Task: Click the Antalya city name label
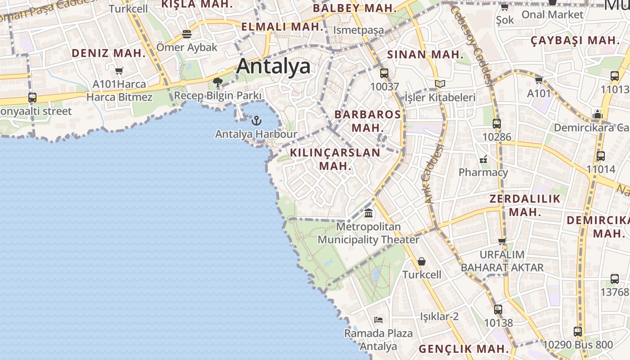click(x=273, y=66)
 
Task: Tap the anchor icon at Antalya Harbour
click(x=256, y=121)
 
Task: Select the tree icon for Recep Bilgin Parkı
click(x=218, y=82)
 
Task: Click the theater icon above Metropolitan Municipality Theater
click(x=369, y=213)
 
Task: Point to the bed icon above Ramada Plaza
click(x=378, y=320)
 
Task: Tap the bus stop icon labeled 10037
click(x=384, y=73)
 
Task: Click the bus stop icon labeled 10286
click(x=497, y=123)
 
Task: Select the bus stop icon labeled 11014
click(x=600, y=156)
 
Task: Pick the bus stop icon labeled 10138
click(x=498, y=310)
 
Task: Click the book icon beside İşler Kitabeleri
click(x=440, y=84)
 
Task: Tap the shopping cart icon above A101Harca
click(x=119, y=71)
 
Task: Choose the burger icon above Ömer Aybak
click(x=187, y=34)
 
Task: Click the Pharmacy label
click(x=483, y=172)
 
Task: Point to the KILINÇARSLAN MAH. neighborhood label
click(x=335, y=159)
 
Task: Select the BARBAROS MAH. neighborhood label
click(x=367, y=121)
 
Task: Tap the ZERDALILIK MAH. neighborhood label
click(x=525, y=205)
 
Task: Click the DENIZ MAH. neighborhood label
click(x=109, y=53)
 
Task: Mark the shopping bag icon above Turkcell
click(x=422, y=261)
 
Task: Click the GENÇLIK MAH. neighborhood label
click(x=463, y=349)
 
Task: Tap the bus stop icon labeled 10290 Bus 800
click(x=578, y=332)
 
